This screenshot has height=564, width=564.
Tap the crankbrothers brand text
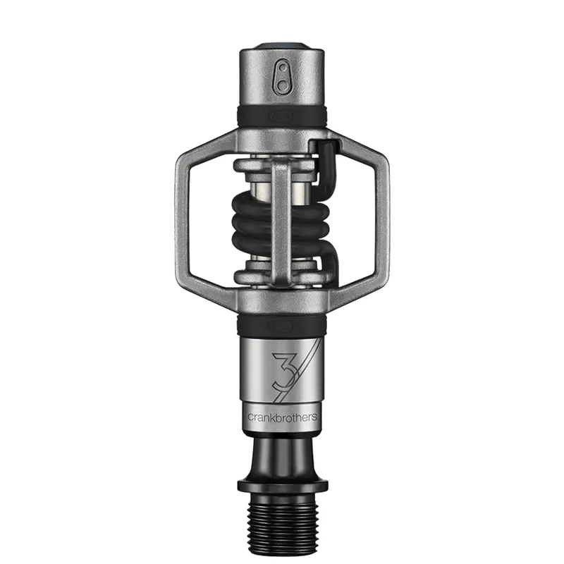point(282,417)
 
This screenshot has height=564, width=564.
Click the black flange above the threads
point(282,486)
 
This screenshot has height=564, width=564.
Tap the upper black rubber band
point(282,116)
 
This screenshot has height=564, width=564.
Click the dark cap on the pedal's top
point(281,48)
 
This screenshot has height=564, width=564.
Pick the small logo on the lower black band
point(281,326)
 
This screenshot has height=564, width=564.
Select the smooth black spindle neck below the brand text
point(282,451)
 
